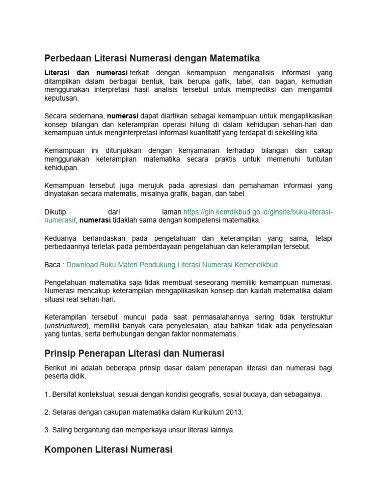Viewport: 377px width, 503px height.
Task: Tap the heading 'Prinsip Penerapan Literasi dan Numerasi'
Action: [134, 353]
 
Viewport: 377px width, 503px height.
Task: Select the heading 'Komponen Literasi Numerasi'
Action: [108, 449]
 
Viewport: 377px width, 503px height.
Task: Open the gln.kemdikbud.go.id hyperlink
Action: [258, 212]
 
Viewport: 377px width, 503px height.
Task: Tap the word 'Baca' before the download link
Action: [52, 265]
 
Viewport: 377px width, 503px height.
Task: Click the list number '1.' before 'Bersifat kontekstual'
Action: [47, 394]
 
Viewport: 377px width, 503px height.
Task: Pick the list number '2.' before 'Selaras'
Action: [47, 412]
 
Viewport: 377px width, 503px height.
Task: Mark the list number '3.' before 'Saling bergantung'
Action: [47, 430]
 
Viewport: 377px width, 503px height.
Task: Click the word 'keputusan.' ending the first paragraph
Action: [61, 98]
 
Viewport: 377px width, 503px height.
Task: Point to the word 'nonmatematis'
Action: [216, 334]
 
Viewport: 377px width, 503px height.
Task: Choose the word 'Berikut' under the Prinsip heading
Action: [55, 368]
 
